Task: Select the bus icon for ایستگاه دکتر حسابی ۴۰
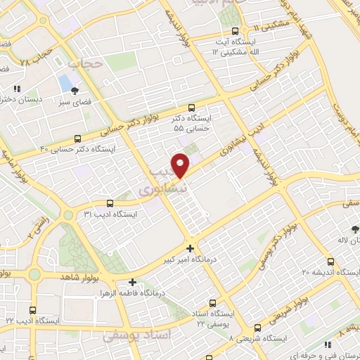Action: pyautogui.click(x=77, y=139)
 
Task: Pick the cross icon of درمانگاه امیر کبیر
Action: pyautogui.click(x=190, y=247)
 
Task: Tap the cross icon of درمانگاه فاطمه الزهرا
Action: pyautogui.click(x=131, y=283)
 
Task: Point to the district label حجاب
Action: pyautogui.click(x=86, y=63)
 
